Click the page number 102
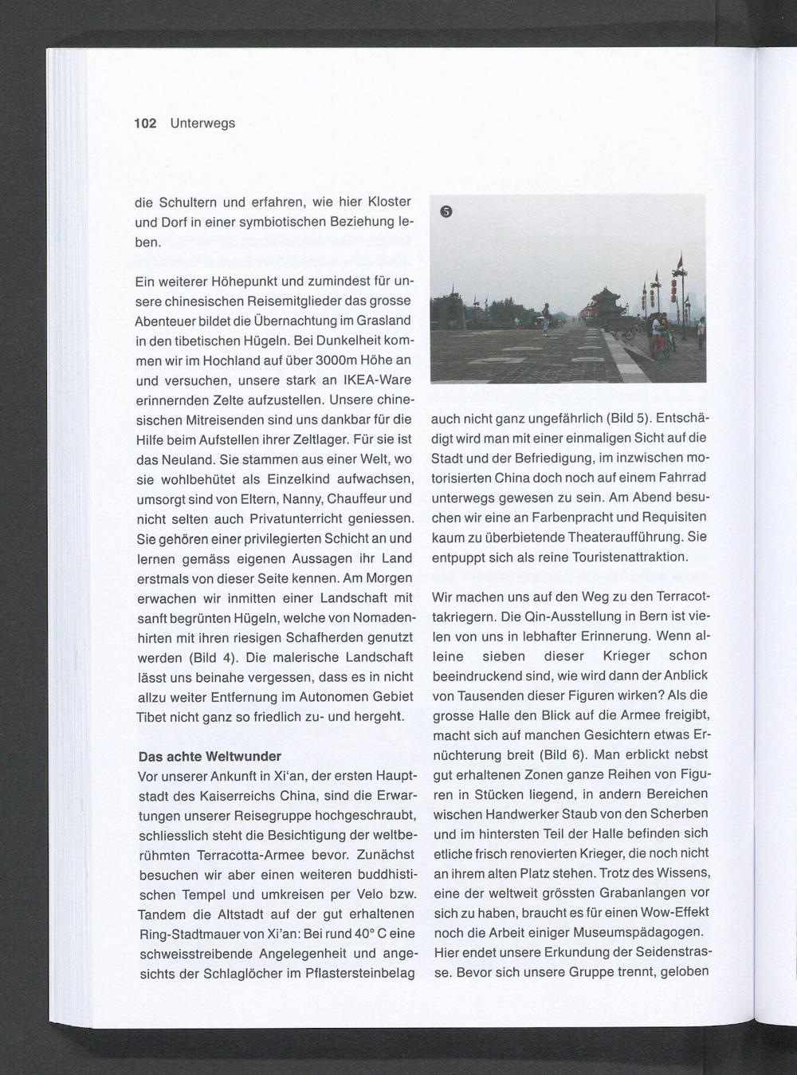click(x=145, y=123)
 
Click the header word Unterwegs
click(x=202, y=123)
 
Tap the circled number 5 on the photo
click(x=446, y=211)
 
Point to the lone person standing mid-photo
click(x=545, y=317)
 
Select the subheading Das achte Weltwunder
click(x=210, y=756)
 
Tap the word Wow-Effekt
click(x=673, y=912)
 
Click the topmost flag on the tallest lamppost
click(x=680, y=261)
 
